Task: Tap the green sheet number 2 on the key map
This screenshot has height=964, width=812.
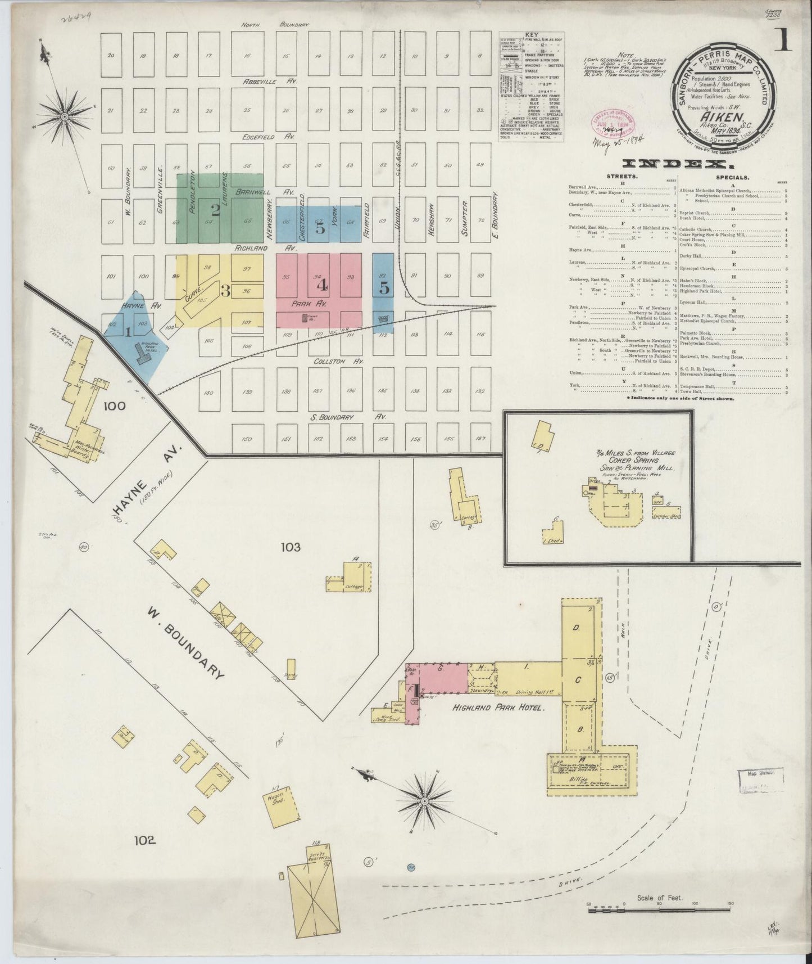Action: (215, 210)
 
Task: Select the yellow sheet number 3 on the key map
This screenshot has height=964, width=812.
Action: (225, 291)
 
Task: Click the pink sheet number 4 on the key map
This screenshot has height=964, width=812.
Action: (322, 286)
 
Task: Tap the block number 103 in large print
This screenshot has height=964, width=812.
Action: (291, 546)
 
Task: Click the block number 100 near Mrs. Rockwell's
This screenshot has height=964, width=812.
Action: (114, 406)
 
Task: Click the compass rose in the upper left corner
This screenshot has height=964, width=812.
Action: (65, 116)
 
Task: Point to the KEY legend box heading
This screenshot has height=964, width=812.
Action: (531, 35)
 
